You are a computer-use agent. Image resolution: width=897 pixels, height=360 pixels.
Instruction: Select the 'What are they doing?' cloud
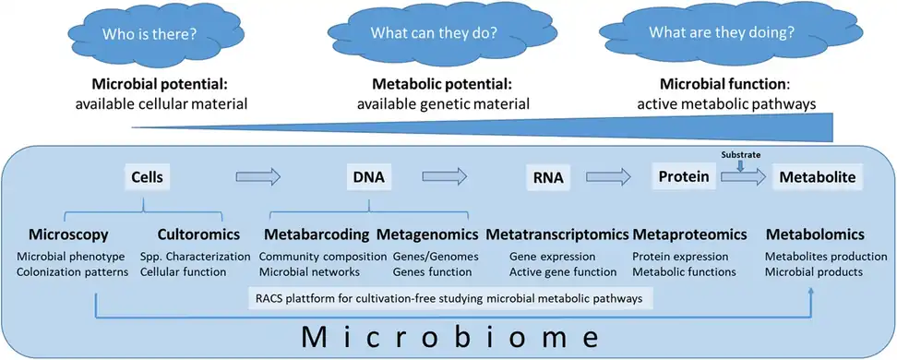711,33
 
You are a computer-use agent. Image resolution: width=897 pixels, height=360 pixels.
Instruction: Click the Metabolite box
816,175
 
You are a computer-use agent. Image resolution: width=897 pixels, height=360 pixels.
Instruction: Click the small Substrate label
741,155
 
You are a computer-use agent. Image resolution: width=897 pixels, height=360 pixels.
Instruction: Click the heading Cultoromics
196,234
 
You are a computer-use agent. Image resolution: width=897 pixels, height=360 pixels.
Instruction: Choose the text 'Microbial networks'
309,272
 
